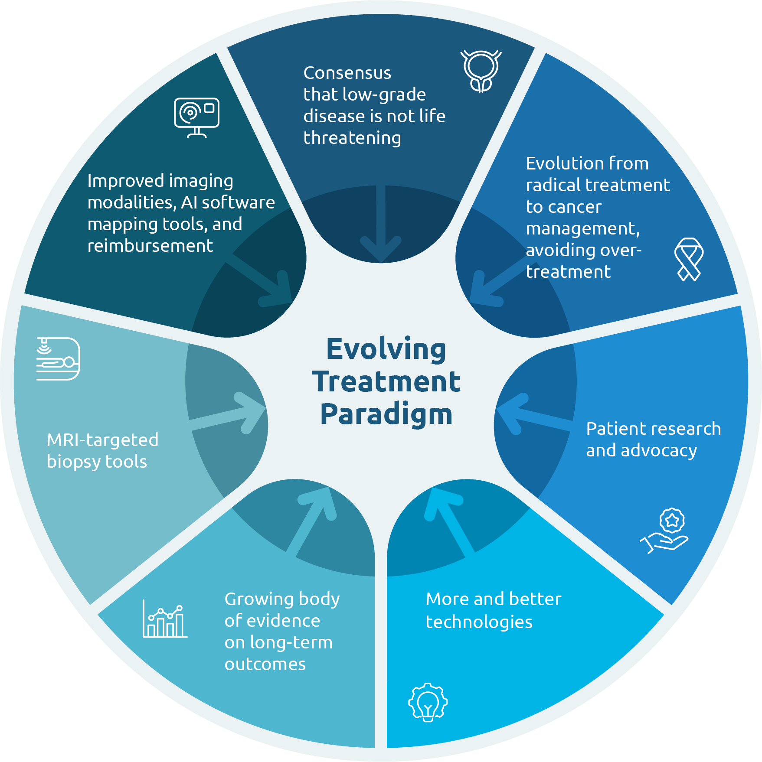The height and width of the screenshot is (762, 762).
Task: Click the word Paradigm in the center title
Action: (x=386, y=414)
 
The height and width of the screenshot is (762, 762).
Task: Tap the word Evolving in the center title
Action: (x=386, y=349)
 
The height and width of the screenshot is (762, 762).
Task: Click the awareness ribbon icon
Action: (x=689, y=259)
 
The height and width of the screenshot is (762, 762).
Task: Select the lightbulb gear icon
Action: (x=428, y=702)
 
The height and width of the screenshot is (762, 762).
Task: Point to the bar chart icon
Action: (x=165, y=619)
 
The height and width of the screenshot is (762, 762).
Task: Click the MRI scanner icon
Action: (x=58, y=359)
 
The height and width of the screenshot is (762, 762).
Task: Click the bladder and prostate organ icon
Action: (x=481, y=71)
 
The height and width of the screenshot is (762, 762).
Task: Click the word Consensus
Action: (x=347, y=73)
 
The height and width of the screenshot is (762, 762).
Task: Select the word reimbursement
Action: (x=150, y=246)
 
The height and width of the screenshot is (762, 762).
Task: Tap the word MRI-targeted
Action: (x=102, y=440)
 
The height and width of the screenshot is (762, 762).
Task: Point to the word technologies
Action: (x=479, y=622)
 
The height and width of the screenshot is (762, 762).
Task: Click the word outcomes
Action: (x=265, y=664)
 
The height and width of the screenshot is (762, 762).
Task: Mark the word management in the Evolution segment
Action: (x=582, y=228)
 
